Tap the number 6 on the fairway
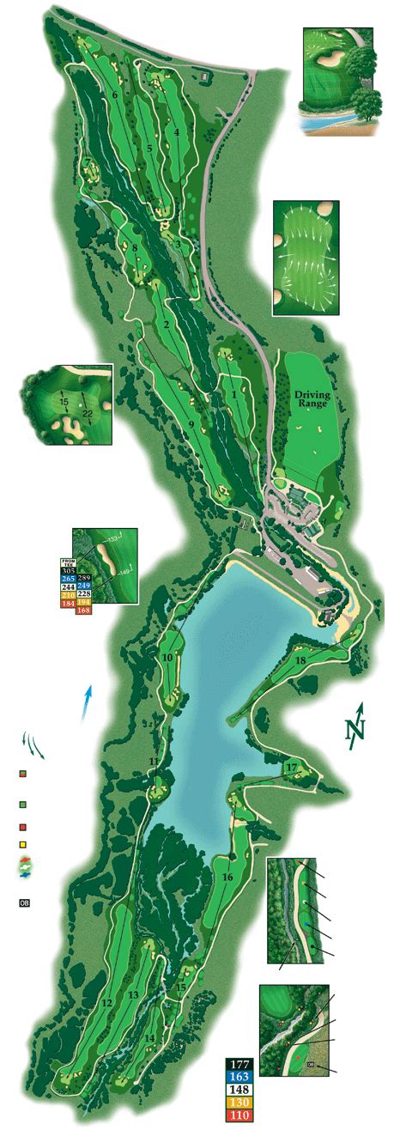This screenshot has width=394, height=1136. [x=114, y=94]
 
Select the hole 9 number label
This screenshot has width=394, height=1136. [x=191, y=424]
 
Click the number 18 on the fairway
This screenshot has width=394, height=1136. [x=300, y=660]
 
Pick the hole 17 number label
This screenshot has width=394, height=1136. [x=292, y=767]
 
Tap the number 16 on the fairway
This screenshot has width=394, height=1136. [x=227, y=878]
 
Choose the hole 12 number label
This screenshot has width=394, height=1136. [x=107, y=1003]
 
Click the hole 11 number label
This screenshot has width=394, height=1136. [x=154, y=762]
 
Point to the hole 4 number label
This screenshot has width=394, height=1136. [x=176, y=132]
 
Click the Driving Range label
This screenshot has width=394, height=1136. [x=312, y=399]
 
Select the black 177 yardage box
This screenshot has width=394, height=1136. [x=240, y=1065]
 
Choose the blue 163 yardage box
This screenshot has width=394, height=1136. [x=240, y=1077]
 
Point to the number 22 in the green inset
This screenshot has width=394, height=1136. [x=87, y=413]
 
